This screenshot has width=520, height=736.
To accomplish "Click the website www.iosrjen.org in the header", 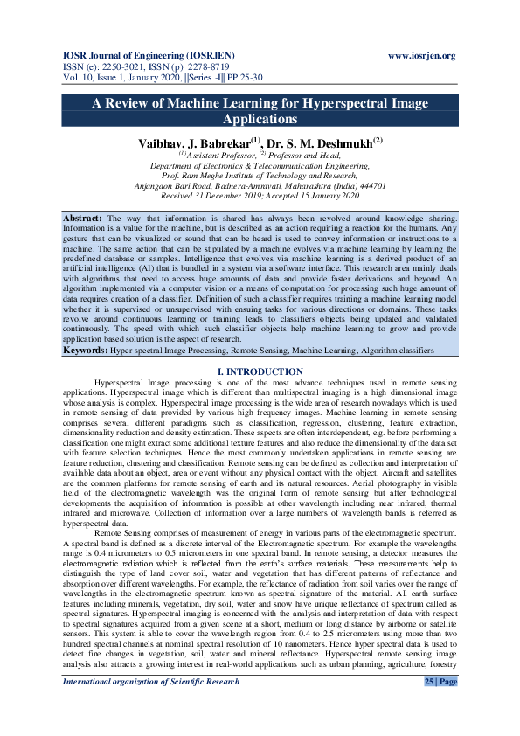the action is (421, 56).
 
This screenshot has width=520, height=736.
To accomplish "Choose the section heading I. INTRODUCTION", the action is (260, 397).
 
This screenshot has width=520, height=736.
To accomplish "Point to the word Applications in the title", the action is (260, 119).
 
